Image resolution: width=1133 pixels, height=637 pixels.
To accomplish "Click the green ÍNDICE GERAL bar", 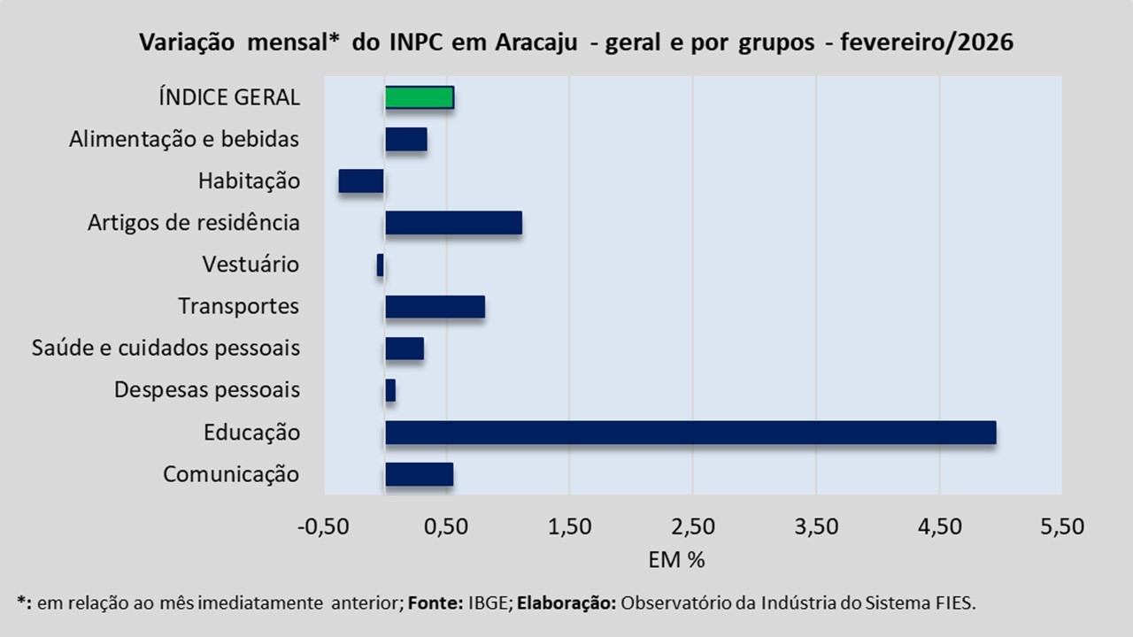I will click(420, 97).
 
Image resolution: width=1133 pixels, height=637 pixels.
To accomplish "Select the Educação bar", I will click(690, 433).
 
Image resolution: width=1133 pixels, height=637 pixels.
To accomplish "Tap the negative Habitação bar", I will click(361, 180).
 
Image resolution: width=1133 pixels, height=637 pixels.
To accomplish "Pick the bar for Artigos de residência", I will click(453, 223).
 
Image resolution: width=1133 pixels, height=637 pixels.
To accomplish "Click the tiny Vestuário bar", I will click(381, 265).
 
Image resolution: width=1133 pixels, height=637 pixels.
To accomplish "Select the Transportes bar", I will click(435, 306).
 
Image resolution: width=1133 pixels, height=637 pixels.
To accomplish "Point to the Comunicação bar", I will click(419, 474).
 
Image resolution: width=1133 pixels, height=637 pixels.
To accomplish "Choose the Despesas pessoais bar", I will click(390, 390).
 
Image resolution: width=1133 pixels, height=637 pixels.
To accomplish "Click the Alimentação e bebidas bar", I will click(406, 139).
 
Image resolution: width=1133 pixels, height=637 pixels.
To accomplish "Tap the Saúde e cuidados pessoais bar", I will click(405, 349).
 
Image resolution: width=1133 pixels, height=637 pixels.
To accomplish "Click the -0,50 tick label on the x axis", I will click(323, 526).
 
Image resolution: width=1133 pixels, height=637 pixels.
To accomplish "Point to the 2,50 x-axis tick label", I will click(692, 526).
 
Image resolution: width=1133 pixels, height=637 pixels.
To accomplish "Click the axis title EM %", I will click(676, 560).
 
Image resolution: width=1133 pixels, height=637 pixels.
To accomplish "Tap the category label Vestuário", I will click(250, 265).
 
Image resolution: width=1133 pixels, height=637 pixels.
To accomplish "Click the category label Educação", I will click(251, 433).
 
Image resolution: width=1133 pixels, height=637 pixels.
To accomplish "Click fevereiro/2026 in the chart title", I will click(927, 42).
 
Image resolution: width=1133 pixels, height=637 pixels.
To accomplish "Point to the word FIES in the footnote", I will click(956, 603).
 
